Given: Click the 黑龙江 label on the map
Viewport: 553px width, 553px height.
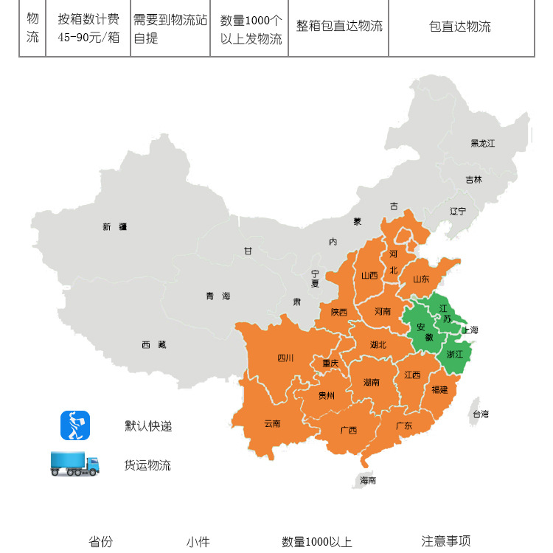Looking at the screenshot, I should click(483, 143).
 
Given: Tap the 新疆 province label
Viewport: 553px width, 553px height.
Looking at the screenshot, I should click(114, 227).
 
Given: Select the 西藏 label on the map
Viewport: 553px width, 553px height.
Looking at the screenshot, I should click(154, 344).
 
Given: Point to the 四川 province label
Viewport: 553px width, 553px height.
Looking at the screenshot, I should click(285, 358).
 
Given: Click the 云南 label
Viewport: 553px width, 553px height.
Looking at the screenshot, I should click(272, 423).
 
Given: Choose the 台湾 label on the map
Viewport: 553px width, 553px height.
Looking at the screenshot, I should click(480, 414).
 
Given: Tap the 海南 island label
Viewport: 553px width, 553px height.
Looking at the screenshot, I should click(368, 480).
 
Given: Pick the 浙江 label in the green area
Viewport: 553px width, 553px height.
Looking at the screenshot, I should click(455, 354).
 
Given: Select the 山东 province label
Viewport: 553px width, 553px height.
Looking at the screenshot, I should click(421, 279).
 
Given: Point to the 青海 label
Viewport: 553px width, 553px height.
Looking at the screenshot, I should click(218, 296).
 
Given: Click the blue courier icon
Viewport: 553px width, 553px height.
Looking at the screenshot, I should click(74, 425).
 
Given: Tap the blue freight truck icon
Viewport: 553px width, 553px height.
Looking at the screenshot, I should click(74, 465).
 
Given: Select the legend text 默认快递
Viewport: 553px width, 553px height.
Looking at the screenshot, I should click(148, 426).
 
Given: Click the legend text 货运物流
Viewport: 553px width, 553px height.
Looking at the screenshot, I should click(147, 465).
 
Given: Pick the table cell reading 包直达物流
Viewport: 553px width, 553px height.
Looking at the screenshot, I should click(460, 27).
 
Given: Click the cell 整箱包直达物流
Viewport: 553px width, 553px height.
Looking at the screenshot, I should click(339, 27).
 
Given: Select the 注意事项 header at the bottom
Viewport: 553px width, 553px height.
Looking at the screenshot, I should click(446, 541).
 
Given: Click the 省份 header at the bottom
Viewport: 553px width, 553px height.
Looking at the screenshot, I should click(101, 542).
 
